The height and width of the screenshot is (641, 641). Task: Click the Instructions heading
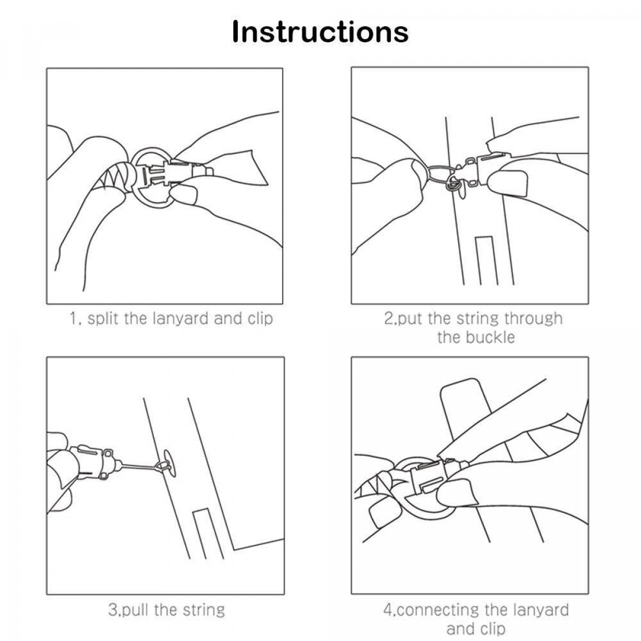click(320, 32)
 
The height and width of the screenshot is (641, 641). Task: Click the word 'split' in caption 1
click(103, 318)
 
